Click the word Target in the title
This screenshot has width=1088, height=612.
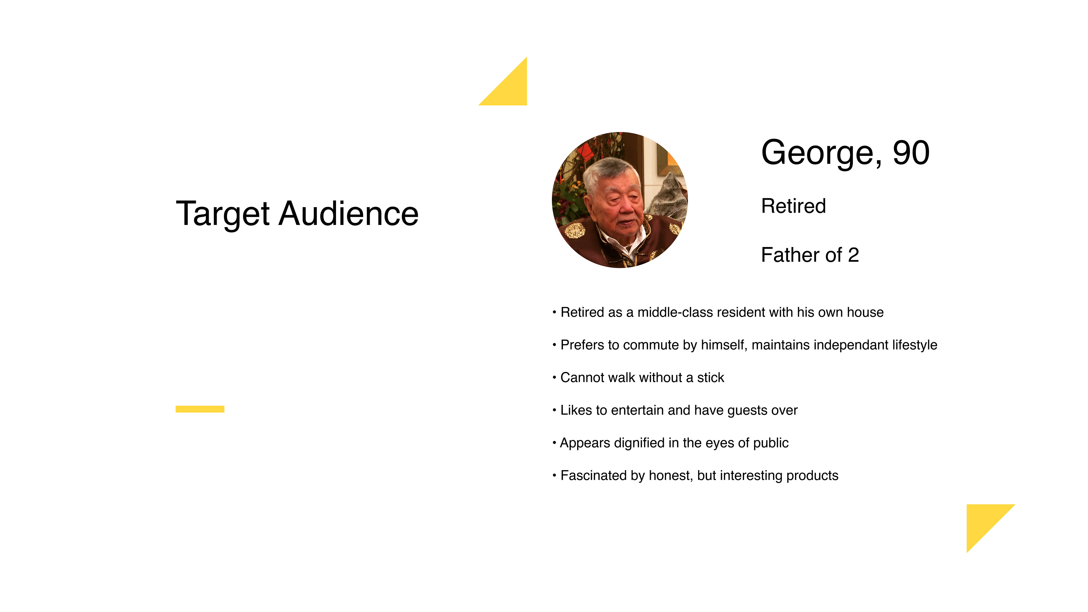(x=223, y=214)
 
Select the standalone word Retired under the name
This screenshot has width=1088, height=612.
(x=793, y=206)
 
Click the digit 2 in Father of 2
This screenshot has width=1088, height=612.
(x=853, y=255)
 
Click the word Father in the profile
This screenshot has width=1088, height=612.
(x=790, y=255)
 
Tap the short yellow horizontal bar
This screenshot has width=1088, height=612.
(x=200, y=409)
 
